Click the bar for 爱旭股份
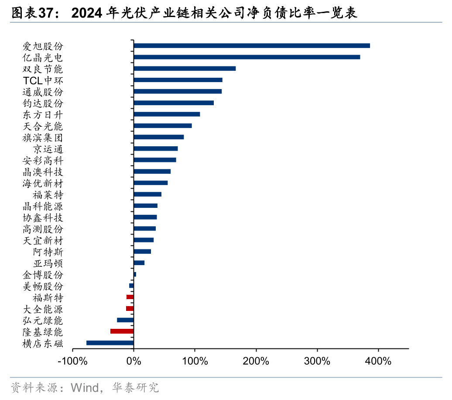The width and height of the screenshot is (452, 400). tap(251, 46)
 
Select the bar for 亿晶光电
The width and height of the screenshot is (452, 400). tap(247, 57)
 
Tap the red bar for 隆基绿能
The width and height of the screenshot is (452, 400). tap(122, 331)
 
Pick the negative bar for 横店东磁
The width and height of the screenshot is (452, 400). tap(110, 343)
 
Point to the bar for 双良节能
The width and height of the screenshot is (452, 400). tap(185, 69)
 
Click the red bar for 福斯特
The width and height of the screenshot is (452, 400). tap(130, 297)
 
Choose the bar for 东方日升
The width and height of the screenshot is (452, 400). tap(167, 114)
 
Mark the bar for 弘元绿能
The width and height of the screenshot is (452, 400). tap(125, 320)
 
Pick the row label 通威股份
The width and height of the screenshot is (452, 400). tap(43, 92)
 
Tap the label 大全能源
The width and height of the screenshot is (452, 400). tap(43, 309)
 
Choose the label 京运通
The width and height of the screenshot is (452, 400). tap(48, 149)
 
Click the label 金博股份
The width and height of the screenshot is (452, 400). tap(43, 275)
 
